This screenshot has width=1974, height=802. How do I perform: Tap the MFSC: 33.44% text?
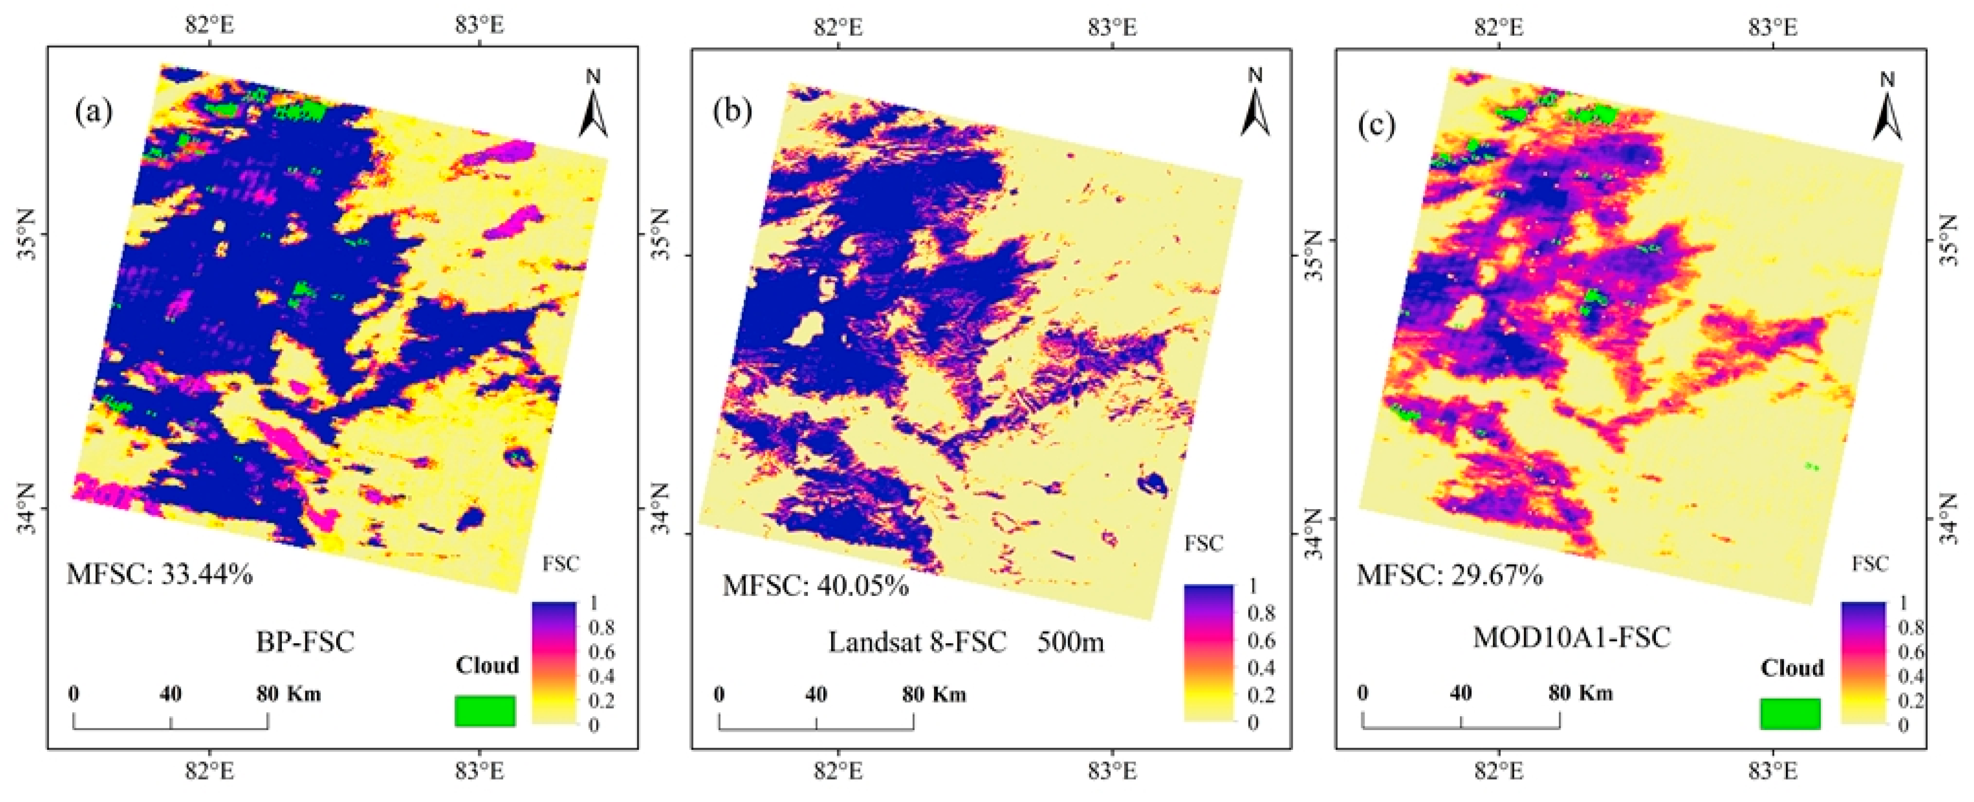point(159,573)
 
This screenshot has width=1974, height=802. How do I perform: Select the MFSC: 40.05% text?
point(815,586)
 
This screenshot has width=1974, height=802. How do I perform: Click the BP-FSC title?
point(305,641)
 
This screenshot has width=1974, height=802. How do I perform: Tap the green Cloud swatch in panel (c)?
point(1789,713)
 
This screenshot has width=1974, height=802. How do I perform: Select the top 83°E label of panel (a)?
point(479,24)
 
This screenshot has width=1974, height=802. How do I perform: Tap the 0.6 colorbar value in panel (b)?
point(1261,640)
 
